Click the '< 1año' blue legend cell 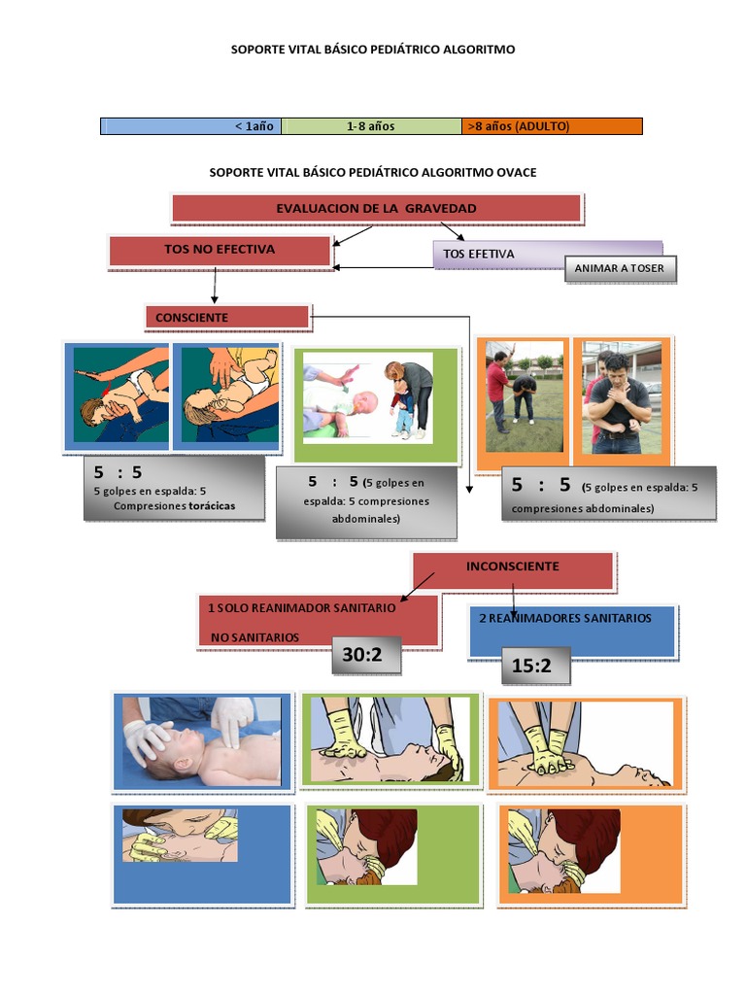point(190,126)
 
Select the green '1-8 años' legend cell point(371,126)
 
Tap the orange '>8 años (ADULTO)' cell point(551,126)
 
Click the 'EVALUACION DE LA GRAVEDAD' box point(376,208)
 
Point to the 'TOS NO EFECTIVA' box point(220,250)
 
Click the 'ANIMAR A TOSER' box point(620,269)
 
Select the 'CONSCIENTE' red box point(227,318)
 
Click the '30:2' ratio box point(364,656)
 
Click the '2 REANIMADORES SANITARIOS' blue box point(571,630)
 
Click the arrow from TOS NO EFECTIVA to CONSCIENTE point(215,286)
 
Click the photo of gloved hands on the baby point(202,740)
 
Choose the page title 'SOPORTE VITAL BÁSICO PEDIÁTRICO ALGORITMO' point(373,49)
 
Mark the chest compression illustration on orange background point(585,743)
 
